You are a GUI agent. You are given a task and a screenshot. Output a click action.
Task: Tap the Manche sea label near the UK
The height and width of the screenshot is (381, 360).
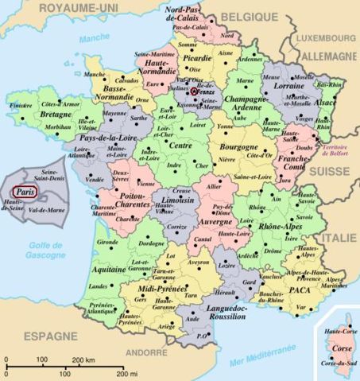[x=94, y=37]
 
